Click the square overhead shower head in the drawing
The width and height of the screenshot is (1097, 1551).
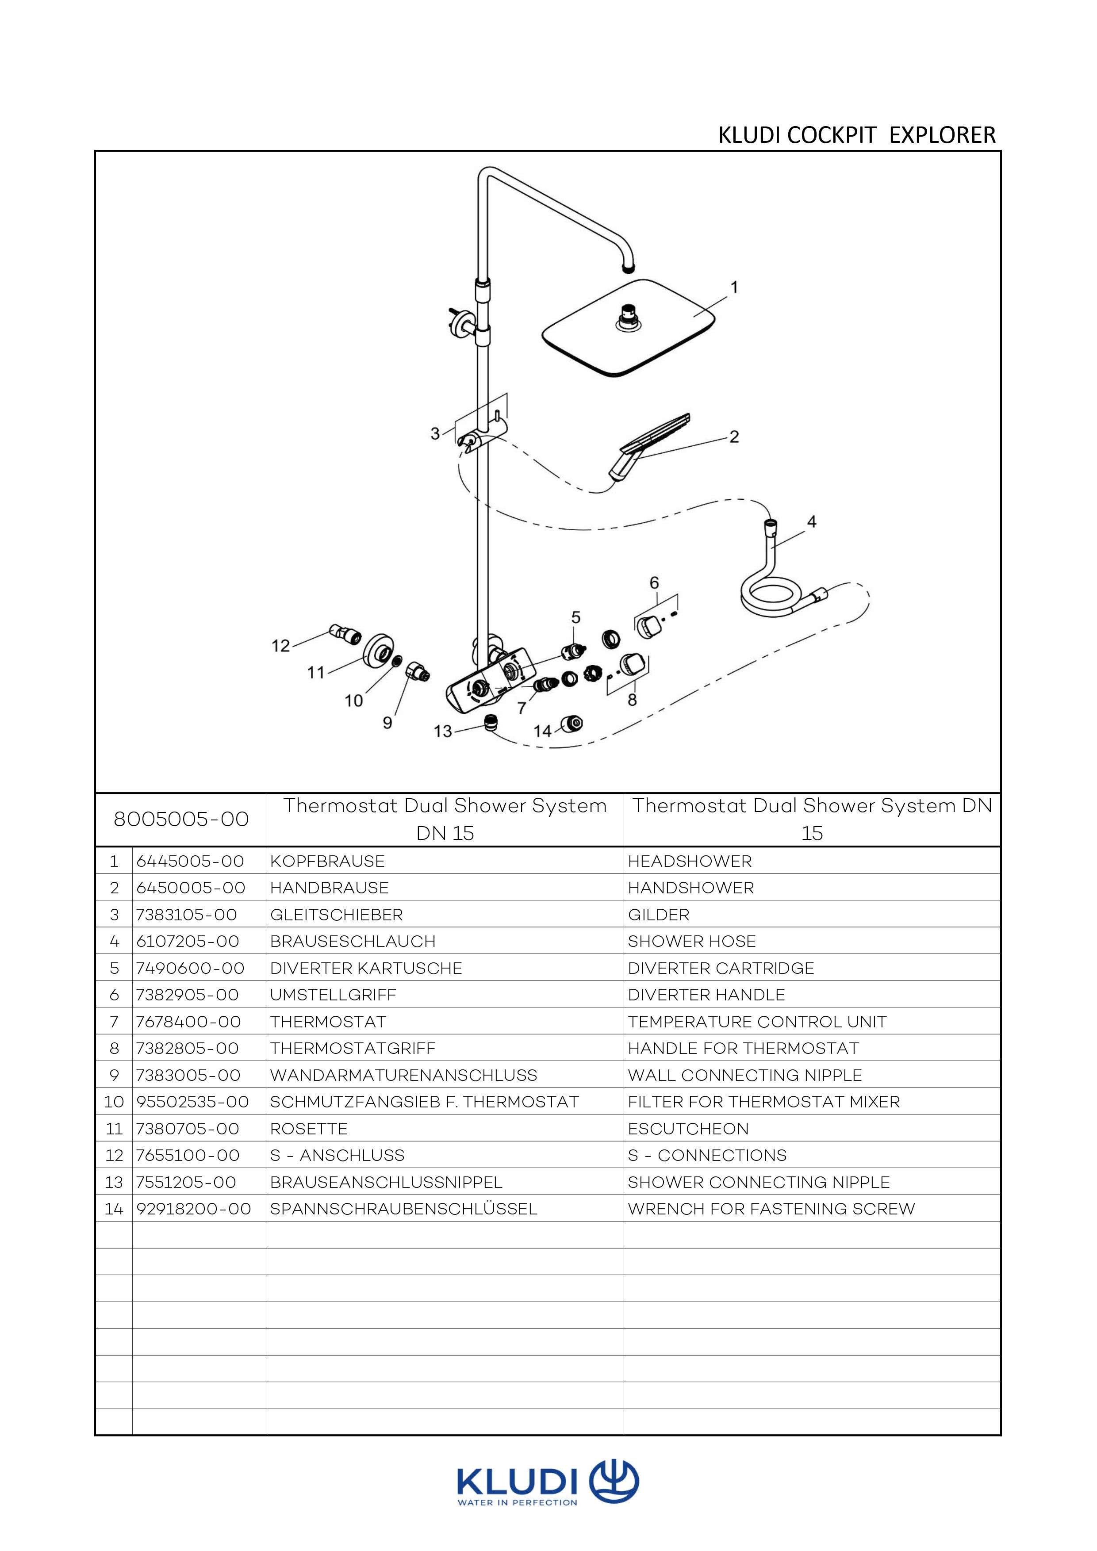click(x=628, y=329)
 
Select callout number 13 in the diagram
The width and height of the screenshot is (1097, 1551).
click(x=442, y=731)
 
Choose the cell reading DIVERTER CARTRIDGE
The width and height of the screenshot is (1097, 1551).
click(x=721, y=968)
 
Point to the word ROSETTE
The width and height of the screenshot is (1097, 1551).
click(x=309, y=1129)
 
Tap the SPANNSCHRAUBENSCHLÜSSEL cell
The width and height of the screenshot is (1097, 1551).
click(x=403, y=1209)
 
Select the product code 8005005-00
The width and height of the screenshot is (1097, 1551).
click(x=181, y=820)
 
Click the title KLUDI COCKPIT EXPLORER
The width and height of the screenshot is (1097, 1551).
click(x=856, y=135)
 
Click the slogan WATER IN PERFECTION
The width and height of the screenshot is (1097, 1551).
click(x=518, y=1503)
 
